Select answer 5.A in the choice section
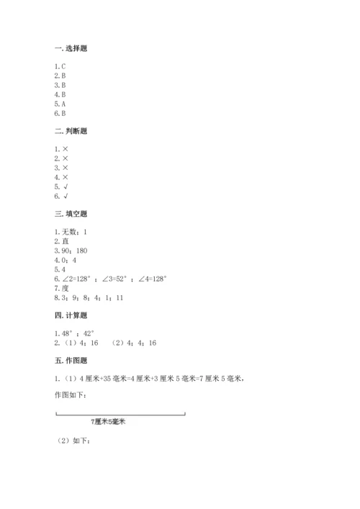tap(60, 102)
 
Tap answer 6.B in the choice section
tap(60, 114)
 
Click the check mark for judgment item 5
tap(65, 186)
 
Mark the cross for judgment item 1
tap(65, 148)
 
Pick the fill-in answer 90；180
tap(77, 251)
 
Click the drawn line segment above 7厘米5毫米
tap(120, 413)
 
